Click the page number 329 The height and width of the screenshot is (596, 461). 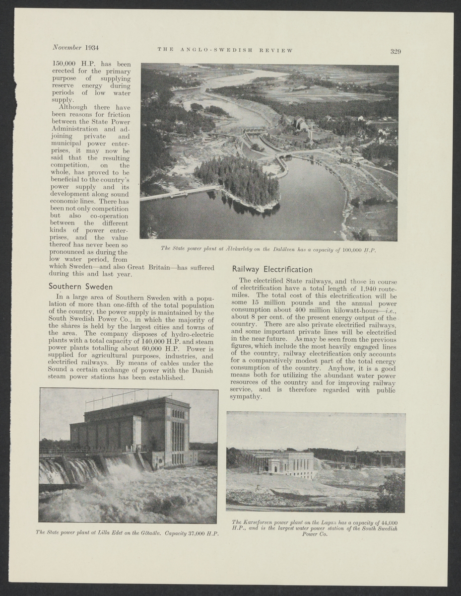tap(395, 51)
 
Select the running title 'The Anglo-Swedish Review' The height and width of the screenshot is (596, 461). tap(225, 50)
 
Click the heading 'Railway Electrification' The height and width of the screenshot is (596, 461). tap(272, 270)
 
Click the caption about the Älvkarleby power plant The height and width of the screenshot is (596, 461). tap(268, 249)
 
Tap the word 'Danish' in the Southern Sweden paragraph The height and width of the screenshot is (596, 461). tap(201, 371)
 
